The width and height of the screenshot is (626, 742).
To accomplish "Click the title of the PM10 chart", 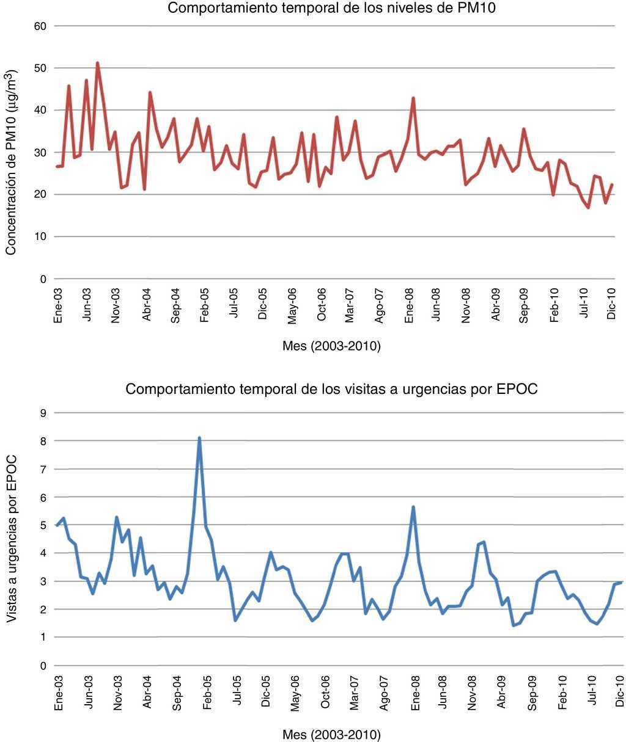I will [331, 9].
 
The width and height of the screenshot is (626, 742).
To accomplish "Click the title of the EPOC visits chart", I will [331, 390].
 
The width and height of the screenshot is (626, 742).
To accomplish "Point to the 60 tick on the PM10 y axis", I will [41, 26].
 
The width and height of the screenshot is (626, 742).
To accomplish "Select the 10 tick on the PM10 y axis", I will [41, 237].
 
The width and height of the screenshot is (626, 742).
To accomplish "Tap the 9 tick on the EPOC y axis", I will [43, 413].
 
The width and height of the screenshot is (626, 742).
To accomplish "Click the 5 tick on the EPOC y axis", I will [43, 525].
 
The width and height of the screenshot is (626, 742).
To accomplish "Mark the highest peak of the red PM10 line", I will [97, 63].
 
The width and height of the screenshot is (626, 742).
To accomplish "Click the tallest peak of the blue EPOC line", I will [199, 438].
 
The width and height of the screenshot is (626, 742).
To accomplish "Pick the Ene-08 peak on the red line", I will [413, 98].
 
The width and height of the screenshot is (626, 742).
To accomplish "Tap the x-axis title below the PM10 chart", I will [331, 347].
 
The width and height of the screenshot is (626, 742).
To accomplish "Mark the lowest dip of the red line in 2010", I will [588, 208].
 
